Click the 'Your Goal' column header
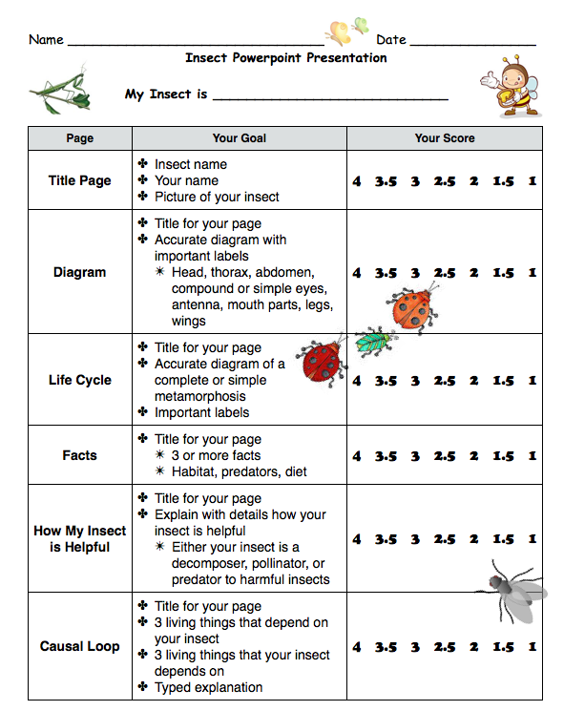[239, 138]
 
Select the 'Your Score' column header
[445, 138]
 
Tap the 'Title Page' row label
[80, 180]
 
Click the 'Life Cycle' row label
[80, 380]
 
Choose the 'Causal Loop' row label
[80, 646]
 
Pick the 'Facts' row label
[80, 455]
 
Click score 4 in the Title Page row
[357, 181]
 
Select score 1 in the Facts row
[532, 456]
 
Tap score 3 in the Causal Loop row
[415, 647]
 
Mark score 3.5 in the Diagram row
[386, 273]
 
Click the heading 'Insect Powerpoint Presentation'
[286, 57]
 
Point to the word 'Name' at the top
[46, 40]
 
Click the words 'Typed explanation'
[208, 687]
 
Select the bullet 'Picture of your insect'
[217, 197]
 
